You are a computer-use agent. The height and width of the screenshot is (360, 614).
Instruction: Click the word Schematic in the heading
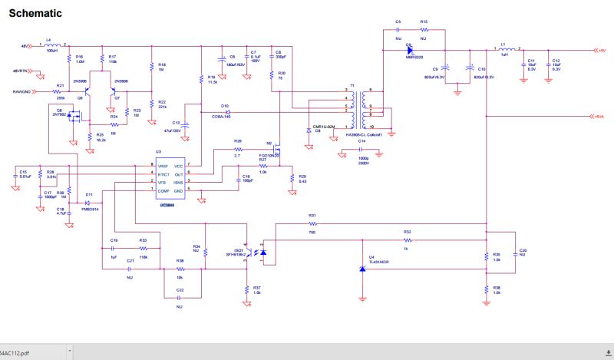click(35, 13)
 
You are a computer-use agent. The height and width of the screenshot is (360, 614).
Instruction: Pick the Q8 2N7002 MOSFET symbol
click(74, 118)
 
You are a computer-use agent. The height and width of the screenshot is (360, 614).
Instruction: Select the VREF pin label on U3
click(163, 166)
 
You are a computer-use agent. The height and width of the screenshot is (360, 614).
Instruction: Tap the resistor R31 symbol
click(312, 223)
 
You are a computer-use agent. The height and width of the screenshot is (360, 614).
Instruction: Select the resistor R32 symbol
click(407, 239)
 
